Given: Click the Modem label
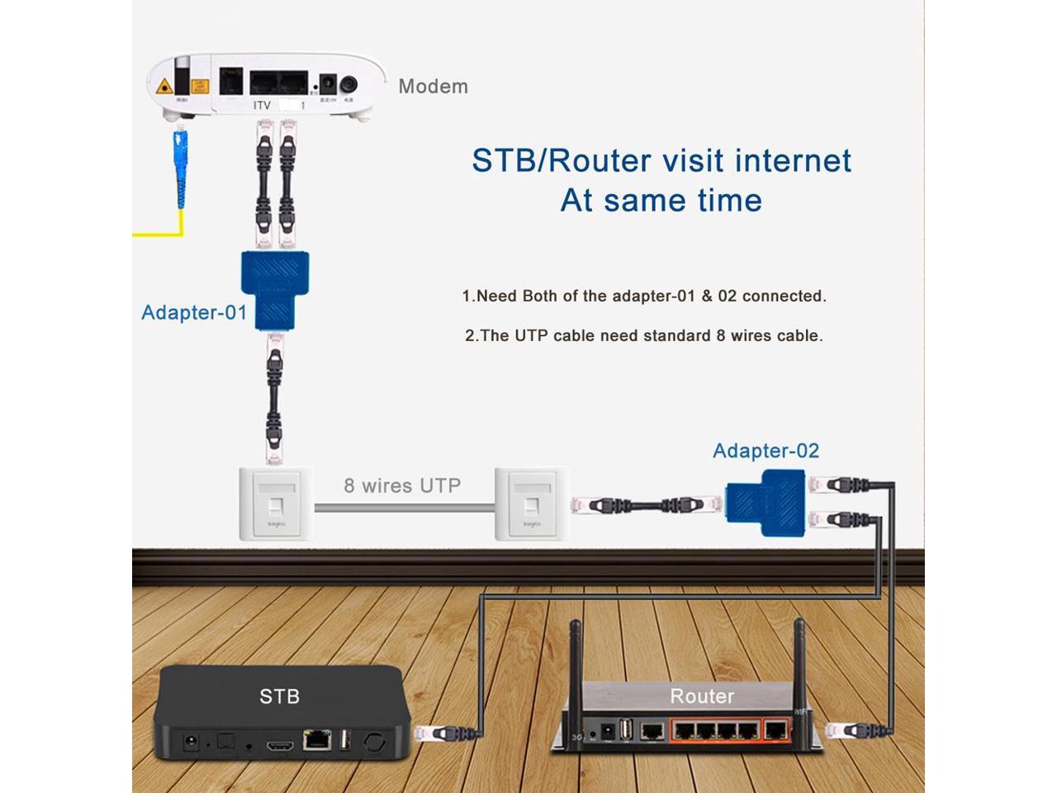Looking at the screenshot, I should point(433,86).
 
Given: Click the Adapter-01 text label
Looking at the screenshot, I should point(194,312).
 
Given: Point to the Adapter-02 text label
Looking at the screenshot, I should point(765,450).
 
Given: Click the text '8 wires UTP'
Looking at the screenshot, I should point(402,486).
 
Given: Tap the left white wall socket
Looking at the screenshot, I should point(276,504).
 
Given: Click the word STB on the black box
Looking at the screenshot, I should point(279,696).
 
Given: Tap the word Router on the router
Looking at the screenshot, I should point(702,696).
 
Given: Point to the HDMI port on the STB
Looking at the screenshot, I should point(279,745).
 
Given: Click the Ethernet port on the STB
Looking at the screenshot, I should point(316,739).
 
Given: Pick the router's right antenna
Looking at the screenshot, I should point(799,661).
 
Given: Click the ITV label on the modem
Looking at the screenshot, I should point(262,106).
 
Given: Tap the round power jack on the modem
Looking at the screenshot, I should point(350,84).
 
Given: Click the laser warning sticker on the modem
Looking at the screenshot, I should point(165,85).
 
